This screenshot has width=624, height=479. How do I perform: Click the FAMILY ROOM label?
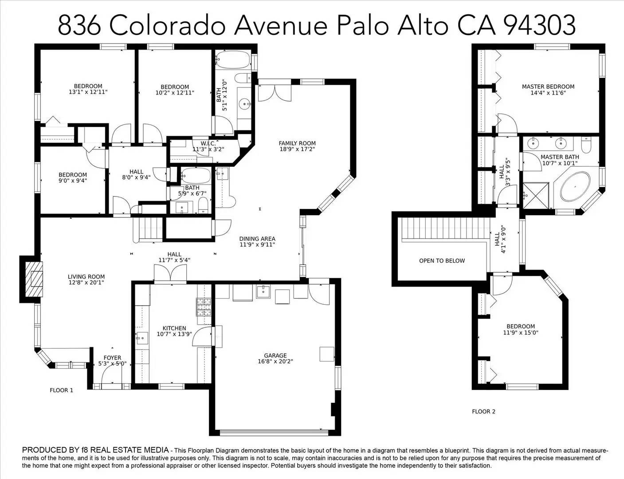pos(297,143)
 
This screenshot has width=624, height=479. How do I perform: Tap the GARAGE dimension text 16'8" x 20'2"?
pos(275,361)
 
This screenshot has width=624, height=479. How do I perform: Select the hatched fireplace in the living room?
pos(34,279)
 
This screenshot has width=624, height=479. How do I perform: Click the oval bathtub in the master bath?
pos(575,186)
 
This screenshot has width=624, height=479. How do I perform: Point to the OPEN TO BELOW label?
pos(442,261)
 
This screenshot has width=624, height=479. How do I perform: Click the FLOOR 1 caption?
pos(62,390)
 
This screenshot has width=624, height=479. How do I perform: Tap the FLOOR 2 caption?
pos(483,412)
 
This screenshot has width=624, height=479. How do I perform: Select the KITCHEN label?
pos(174,328)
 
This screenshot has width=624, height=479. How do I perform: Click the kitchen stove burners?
pos(204,307)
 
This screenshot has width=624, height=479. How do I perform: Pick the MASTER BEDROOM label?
pos(548,86)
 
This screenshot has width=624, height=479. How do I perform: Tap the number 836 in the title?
pos(79,25)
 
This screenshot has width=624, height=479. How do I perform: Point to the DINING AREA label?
pos(257,239)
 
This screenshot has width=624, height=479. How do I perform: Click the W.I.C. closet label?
pos(208,143)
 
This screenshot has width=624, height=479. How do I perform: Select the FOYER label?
pos(112,358)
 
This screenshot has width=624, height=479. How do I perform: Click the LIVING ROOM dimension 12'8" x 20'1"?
pos(86,283)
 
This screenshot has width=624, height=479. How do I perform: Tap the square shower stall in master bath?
pos(536,196)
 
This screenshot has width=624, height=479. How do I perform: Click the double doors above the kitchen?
pos(170,273)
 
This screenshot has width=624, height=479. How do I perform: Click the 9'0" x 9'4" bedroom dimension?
pos(73,181)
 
